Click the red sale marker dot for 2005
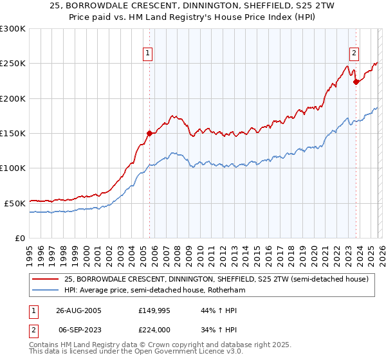(149, 134)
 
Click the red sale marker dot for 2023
(356, 82)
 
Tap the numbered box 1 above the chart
(149, 53)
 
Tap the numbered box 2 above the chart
(354, 53)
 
